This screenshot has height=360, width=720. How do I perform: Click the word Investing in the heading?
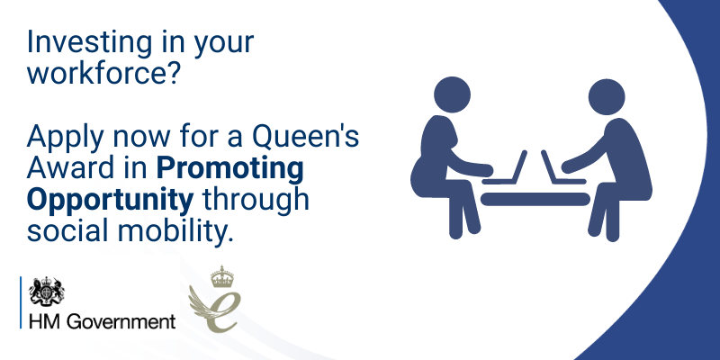pos(89,41)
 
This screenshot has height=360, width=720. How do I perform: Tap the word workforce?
pos(103,73)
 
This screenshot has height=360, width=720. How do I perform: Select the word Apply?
pos(65,139)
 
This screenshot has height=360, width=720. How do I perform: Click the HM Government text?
pos(102,321)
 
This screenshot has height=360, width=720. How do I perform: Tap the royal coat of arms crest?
pos(47,291)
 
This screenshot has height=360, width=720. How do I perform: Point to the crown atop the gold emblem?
pos(222,276)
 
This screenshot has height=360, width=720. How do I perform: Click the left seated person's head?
pos(452,94)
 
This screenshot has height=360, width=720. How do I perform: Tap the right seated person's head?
pos(607,97)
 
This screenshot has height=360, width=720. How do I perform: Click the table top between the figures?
pos(535,199)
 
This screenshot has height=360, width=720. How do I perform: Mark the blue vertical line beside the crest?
pos(21,302)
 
